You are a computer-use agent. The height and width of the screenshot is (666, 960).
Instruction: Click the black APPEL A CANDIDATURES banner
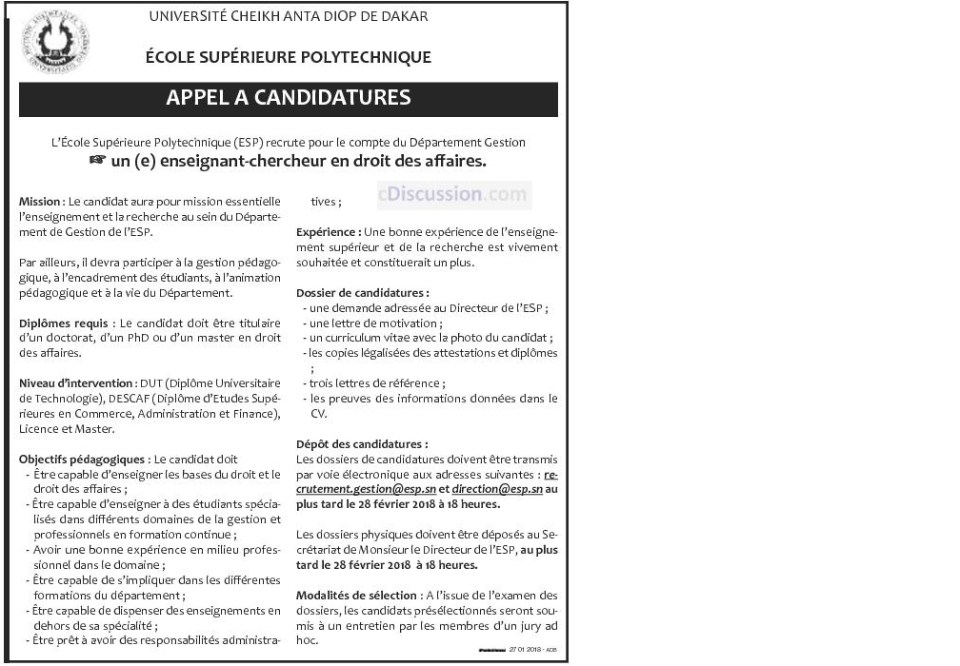pyautogui.click(x=289, y=98)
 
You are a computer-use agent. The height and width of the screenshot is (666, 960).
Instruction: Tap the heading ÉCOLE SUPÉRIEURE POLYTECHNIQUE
pyautogui.click(x=289, y=57)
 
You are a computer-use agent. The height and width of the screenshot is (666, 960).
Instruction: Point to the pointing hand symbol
pyautogui.click(x=96, y=162)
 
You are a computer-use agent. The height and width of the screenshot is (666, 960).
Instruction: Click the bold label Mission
pyautogui.click(x=40, y=203)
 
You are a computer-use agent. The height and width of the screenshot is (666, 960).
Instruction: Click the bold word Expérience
pyautogui.click(x=329, y=232)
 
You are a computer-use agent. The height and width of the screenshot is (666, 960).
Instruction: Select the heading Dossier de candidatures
pyautogui.click(x=363, y=292)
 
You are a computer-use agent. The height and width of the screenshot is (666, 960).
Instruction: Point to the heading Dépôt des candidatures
pyautogui.click(x=362, y=443)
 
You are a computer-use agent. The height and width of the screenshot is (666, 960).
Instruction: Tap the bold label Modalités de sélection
pyautogui.click(x=356, y=594)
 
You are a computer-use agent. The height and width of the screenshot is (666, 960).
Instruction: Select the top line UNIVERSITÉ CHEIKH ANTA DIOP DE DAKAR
pyautogui.click(x=289, y=16)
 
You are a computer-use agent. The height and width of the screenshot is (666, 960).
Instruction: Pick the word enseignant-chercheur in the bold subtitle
pyautogui.click(x=254, y=162)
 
